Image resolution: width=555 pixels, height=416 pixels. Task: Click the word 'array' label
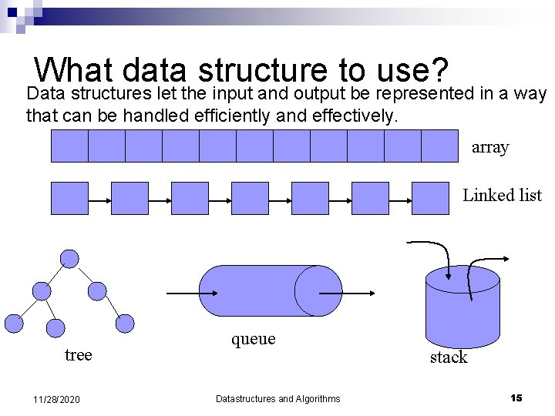(x=490, y=147)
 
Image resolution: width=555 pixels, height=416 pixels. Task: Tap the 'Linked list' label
(x=502, y=196)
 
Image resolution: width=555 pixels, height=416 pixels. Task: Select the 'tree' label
(x=78, y=354)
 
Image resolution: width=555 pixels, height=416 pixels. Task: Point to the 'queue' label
(x=253, y=339)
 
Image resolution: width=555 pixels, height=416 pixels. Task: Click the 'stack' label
(x=449, y=357)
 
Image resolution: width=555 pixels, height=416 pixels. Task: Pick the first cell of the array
(x=69, y=146)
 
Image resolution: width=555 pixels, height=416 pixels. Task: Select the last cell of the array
(x=439, y=146)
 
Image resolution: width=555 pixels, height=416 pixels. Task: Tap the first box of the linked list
(x=69, y=198)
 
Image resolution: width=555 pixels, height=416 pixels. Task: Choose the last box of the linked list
(x=430, y=198)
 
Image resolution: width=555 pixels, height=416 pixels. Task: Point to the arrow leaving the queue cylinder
(x=358, y=293)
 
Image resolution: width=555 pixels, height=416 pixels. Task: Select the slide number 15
(x=516, y=398)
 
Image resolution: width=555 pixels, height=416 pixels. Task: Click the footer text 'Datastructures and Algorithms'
(x=277, y=398)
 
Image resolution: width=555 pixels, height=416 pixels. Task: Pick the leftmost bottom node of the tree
(x=15, y=324)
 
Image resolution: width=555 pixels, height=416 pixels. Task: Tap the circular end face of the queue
(x=318, y=290)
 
